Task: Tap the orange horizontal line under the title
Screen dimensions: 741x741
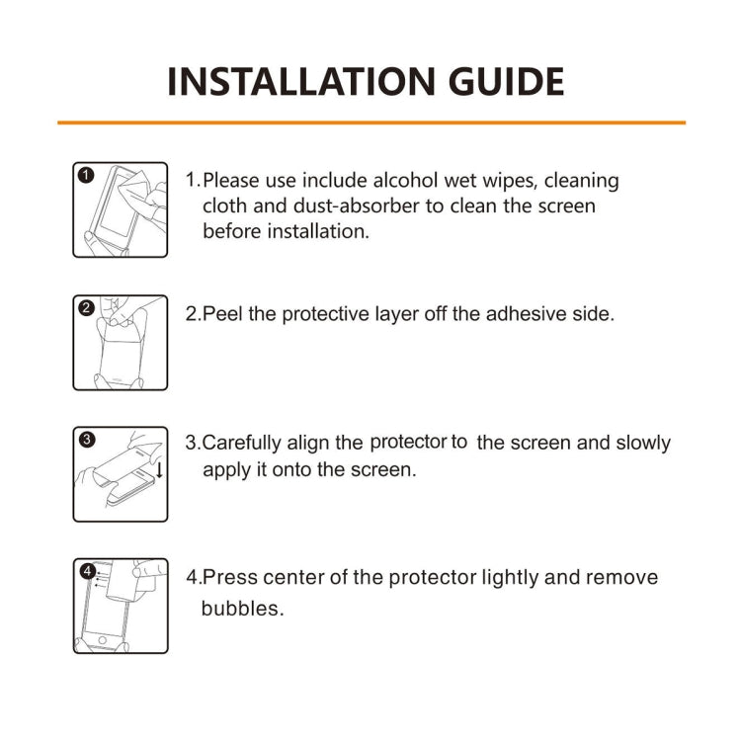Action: [370, 123]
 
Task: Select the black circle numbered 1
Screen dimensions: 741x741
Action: [86, 176]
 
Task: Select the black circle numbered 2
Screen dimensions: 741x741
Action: [86, 307]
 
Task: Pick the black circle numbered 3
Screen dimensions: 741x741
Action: [86, 440]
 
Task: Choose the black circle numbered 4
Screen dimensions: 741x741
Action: [87, 571]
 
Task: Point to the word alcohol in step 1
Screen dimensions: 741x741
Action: [407, 181]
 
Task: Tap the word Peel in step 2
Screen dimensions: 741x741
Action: [221, 314]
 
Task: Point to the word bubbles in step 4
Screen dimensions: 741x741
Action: [242, 609]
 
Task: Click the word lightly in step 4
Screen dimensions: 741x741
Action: [517, 577]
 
